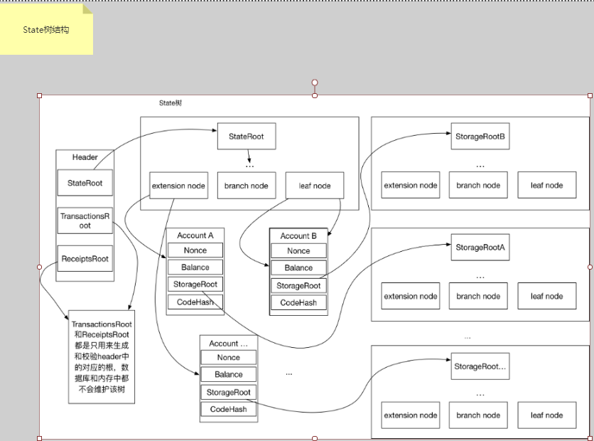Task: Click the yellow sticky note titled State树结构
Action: [46, 30]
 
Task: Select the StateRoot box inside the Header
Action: [85, 183]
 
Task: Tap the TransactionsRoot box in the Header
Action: [85, 220]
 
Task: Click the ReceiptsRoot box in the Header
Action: [85, 259]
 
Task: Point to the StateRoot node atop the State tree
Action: [246, 136]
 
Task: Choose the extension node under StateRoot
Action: [178, 186]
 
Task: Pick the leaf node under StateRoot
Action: [314, 186]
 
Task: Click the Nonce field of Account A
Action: [195, 250]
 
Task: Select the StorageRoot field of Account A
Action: [195, 285]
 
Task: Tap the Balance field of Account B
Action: [298, 268]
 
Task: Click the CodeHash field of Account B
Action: [298, 302]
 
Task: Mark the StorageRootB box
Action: [480, 137]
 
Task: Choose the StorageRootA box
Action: [480, 248]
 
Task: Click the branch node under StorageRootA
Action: [478, 296]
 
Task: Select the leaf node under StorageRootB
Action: [546, 185]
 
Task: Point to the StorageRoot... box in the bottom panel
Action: [480, 366]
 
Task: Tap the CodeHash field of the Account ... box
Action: [228, 409]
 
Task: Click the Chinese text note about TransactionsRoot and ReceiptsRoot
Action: [101, 356]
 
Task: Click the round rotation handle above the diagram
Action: [315, 83]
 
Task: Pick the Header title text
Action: [85, 157]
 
